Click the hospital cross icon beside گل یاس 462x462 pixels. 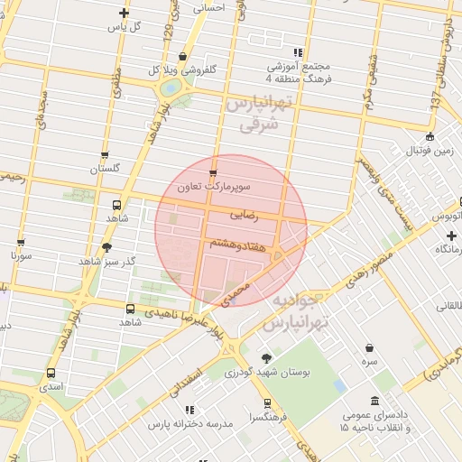tap(124, 13)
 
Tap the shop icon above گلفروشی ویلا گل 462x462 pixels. tap(183, 56)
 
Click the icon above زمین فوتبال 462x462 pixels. tap(430, 137)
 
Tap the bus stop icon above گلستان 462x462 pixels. tap(106, 155)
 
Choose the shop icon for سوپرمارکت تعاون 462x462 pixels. tap(213, 173)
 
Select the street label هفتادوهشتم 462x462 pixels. tap(236, 244)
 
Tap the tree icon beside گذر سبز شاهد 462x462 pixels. tap(107, 246)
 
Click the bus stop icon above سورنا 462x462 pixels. tap(22, 242)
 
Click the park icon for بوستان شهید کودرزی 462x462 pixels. tap(265, 358)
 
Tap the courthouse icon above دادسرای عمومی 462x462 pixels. tap(375, 401)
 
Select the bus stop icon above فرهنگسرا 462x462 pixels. tap(266, 403)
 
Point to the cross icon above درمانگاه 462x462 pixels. tap(450, 235)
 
